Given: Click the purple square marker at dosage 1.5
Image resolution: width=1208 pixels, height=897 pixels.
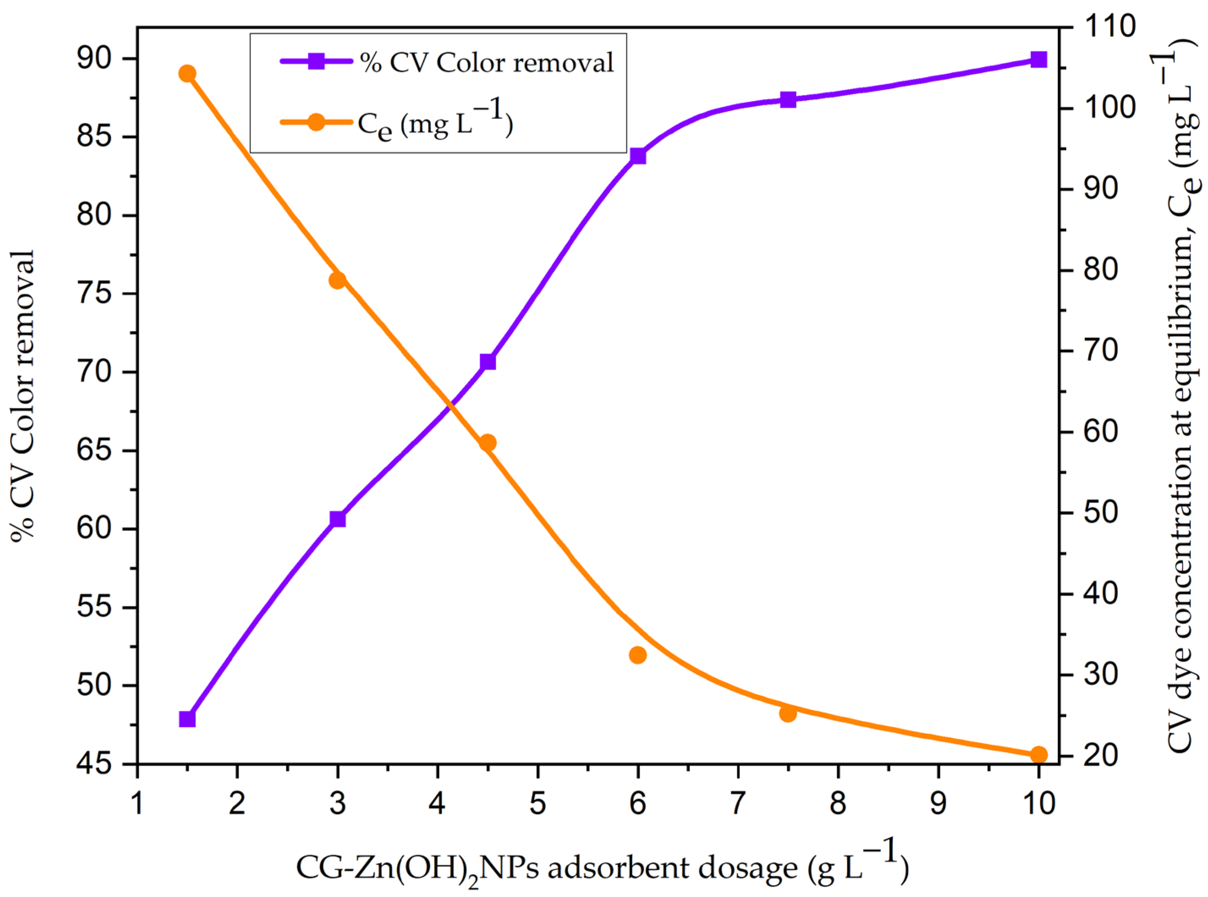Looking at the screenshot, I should click(x=187, y=719).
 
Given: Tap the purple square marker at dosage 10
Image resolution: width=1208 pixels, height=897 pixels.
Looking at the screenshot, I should click(x=1038, y=60).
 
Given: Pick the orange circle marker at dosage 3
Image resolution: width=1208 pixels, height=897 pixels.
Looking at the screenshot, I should click(x=338, y=280).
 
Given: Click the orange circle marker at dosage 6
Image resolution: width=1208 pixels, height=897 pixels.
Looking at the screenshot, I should click(x=638, y=655).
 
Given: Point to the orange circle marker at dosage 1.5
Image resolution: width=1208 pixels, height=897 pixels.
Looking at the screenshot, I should click(x=187, y=74).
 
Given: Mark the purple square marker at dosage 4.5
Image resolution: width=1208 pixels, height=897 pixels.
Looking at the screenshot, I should click(x=488, y=362).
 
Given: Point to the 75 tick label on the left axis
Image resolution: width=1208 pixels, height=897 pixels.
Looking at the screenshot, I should click(x=94, y=294).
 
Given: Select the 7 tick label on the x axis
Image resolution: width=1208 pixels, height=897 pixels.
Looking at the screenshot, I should click(x=738, y=803).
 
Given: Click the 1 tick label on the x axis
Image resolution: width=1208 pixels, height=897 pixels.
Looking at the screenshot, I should click(x=137, y=803).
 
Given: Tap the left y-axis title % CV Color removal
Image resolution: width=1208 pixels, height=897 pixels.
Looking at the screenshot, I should click(x=23, y=396).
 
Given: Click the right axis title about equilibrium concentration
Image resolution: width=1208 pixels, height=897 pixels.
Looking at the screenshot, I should click(x=1183, y=396).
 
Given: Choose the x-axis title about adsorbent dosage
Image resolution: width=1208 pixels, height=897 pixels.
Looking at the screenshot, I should click(x=601, y=867).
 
